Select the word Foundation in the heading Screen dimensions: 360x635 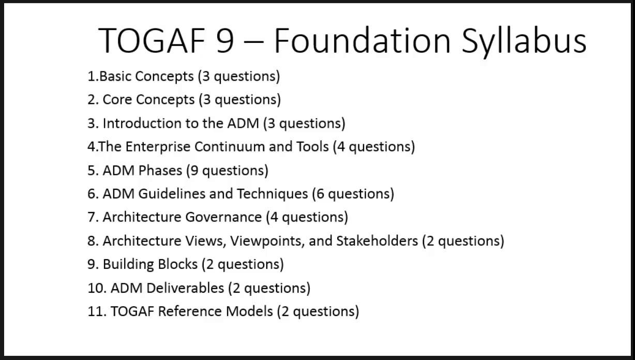coord(362,40)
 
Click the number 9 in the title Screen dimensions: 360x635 coord(224,40)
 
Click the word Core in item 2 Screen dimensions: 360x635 coord(118,99)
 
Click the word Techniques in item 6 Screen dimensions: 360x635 coord(273,193)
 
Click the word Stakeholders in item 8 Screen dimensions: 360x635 coord(377,241)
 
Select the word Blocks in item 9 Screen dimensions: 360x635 coord(177,264)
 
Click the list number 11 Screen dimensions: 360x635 coord(97,311)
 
